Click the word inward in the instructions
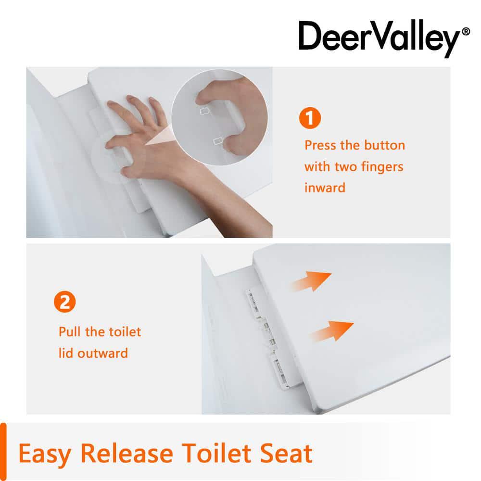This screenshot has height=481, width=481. [x=325, y=188]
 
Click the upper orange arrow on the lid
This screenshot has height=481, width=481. [x=312, y=281]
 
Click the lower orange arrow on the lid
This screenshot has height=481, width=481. [x=332, y=331]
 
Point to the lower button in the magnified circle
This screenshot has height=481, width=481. [x=218, y=141]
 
